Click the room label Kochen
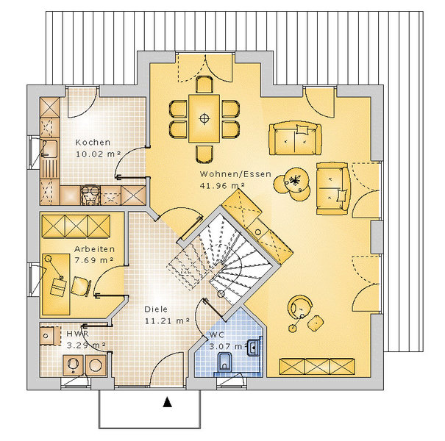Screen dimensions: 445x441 point(93,143)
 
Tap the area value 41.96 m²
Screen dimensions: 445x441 point(222,185)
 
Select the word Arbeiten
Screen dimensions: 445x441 point(94,249)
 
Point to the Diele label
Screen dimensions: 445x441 point(156,309)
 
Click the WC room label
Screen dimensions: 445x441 point(217,334)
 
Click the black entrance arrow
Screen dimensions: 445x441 point(168,402)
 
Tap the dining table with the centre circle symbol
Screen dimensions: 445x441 point(204,118)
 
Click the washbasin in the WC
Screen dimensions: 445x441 point(254,347)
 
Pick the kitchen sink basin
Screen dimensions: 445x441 point(50,148)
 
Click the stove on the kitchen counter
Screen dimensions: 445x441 point(90,195)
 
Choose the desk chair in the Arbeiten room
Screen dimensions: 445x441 point(81,287)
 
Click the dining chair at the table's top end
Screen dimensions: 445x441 point(204,85)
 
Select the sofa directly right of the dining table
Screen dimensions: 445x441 point(295,139)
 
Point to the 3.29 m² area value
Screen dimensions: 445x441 point(86,345)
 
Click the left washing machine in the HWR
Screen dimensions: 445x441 point(74,365)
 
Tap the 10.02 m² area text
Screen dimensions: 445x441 point(99,154)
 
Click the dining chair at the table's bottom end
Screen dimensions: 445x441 point(204,154)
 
